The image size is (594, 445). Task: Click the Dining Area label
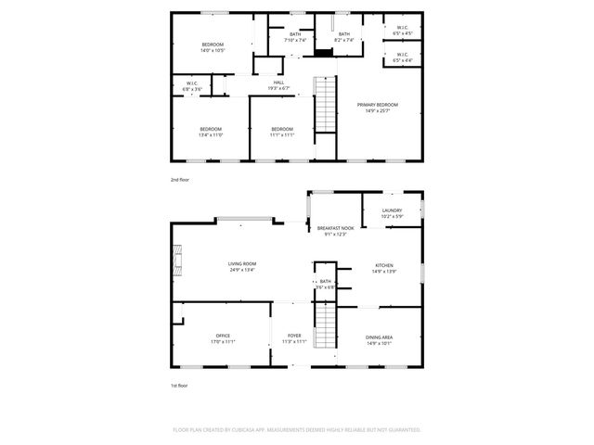click(378, 338)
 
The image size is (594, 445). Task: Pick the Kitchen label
click(384, 268)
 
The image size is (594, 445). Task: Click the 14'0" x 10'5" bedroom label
click(213, 47)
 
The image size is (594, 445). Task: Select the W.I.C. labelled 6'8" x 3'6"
click(192, 85)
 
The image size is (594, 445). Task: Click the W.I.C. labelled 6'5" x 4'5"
click(403, 31)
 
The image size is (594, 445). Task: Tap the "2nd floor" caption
click(180, 179)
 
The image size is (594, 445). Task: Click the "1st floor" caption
click(179, 385)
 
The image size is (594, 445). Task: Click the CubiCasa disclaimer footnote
click(297, 430)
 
